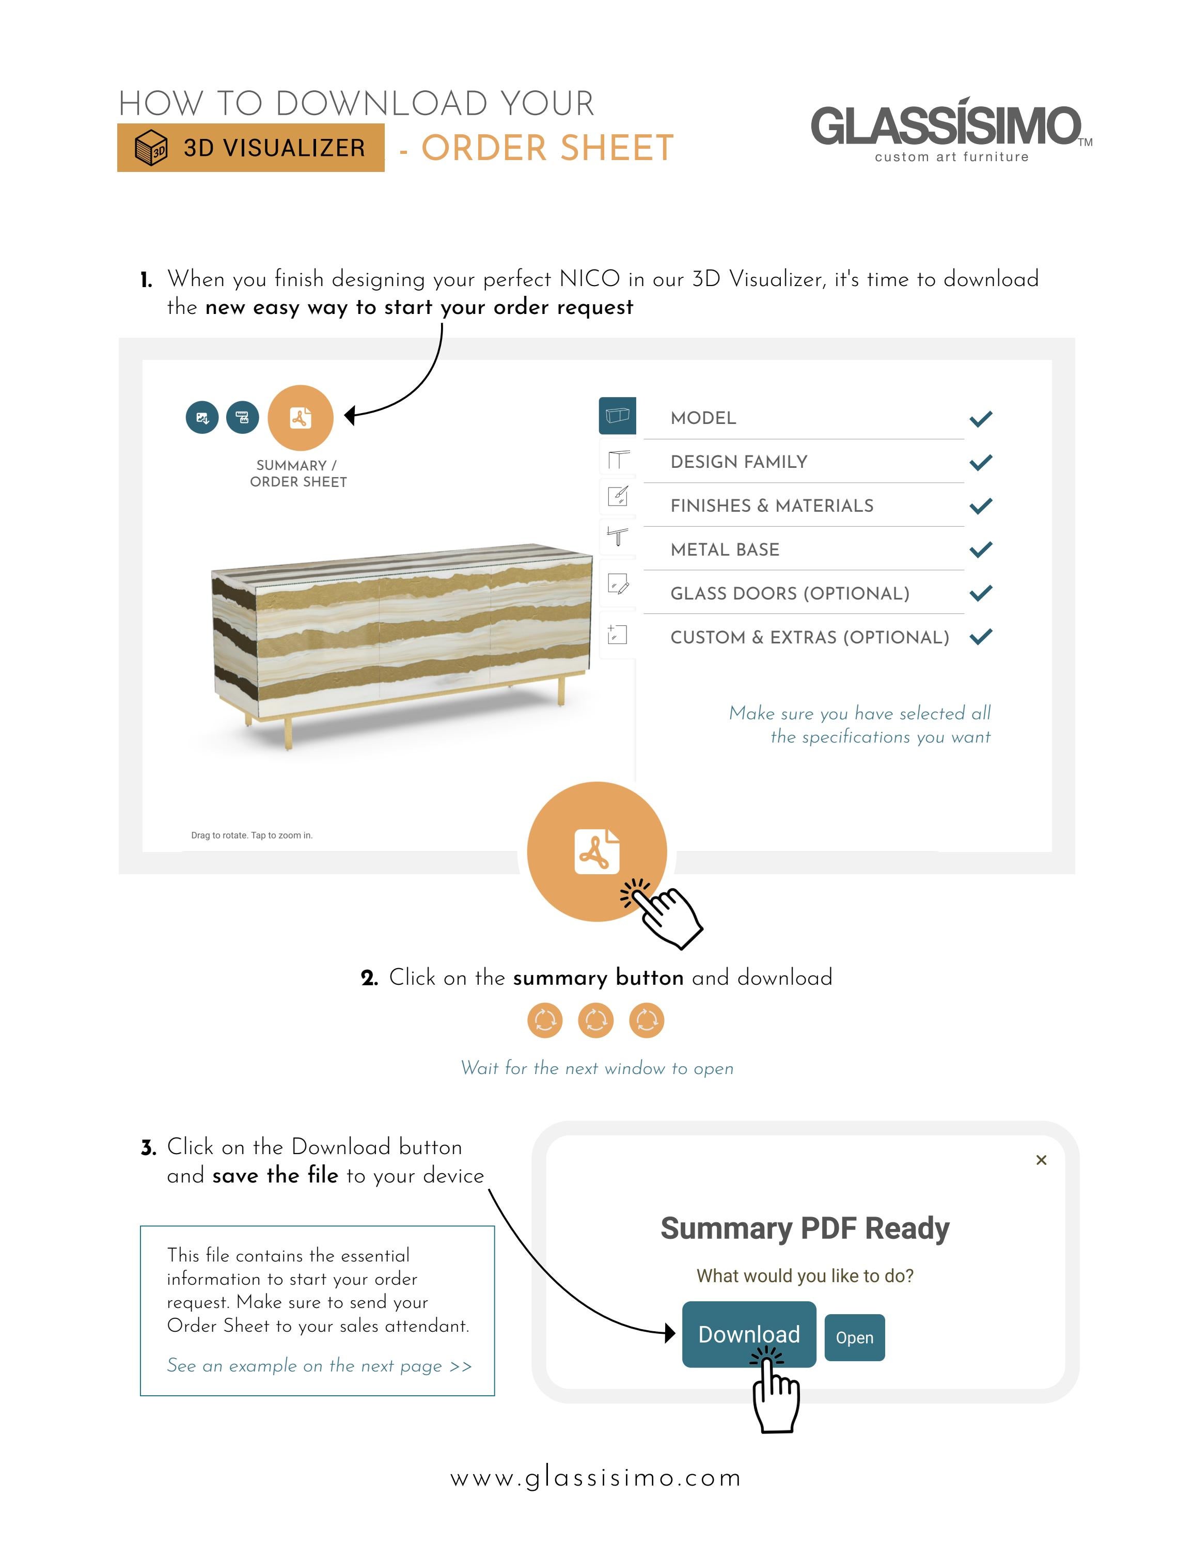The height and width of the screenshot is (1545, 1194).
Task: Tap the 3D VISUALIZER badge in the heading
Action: point(250,148)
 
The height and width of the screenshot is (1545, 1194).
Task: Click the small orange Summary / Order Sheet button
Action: point(301,418)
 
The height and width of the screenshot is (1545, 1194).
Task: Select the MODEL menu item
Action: point(703,418)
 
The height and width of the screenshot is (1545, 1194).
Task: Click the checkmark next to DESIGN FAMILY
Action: point(980,463)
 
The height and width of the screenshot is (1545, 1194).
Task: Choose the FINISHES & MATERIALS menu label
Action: point(772,506)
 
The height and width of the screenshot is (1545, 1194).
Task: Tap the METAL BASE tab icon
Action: point(618,537)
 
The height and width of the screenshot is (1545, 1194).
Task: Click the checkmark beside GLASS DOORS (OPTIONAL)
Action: point(980,593)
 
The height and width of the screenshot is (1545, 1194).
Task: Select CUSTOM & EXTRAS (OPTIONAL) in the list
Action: point(809,637)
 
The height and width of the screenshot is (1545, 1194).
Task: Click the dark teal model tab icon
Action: point(618,415)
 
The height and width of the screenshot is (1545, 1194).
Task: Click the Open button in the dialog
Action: point(855,1338)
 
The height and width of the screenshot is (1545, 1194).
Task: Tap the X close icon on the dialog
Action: point(1041,1160)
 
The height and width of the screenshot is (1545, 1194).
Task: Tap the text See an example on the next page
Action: point(319,1365)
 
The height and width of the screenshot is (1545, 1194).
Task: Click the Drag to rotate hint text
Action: point(252,835)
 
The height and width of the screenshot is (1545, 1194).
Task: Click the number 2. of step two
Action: point(369,979)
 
